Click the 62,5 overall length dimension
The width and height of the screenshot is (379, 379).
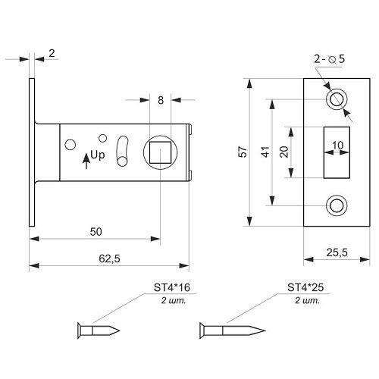pyautogui.click(x=109, y=258)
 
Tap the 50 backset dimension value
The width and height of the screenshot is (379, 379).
pyautogui.click(x=96, y=232)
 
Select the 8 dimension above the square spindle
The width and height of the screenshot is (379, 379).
pyautogui.click(x=161, y=100)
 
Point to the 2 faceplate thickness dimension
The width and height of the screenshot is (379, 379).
pyautogui.click(x=52, y=53)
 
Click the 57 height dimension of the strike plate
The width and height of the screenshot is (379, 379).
pyautogui.click(x=243, y=152)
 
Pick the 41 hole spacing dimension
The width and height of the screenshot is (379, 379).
pyautogui.click(x=265, y=152)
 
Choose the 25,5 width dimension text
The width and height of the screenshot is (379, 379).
pyautogui.click(x=337, y=252)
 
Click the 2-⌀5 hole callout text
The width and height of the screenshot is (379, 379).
pyautogui.click(x=329, y=59)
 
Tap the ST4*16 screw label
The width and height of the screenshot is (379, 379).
pyautogui.click(x=172, y=287)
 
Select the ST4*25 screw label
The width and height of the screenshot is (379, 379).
pyautogui.click(x=305, y=287)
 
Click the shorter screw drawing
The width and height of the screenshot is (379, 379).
pyautogui.click(x=99, y=330)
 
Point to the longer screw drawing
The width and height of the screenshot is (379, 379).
pyautogui.click(x=232, y=330)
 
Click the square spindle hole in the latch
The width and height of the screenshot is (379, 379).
pyautogui.click(x=160, y=152)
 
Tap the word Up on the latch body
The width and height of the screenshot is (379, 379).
pyautogui.click(x=98, y=155)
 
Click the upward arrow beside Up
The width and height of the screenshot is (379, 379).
pyautogui.click(x=86, y=161)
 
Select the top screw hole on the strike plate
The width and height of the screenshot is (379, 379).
pyautogui.click(x=337, y=99)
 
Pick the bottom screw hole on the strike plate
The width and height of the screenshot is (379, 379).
pyautogui.click(x=337, y=205)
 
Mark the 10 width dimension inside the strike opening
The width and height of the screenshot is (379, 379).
pyautogui.click(x=337, y=146)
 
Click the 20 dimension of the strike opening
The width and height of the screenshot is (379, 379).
pyautogui.click(x=284, y=152)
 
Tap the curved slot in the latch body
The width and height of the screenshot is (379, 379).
pyautogui.click(x=122, y=151)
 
